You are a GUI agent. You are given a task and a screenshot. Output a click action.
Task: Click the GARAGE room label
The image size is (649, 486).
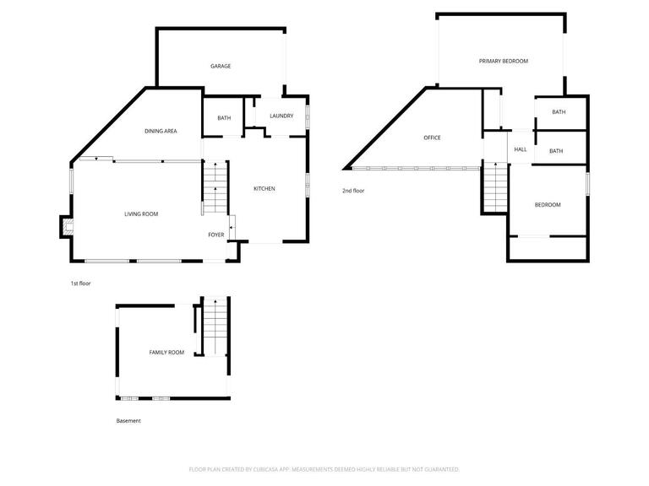[221, 66]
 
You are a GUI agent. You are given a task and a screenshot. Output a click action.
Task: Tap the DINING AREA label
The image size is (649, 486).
[160, 131]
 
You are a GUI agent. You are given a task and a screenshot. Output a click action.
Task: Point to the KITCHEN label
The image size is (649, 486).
[265, 188]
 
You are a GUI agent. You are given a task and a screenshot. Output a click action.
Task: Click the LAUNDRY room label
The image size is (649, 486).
[281, 116]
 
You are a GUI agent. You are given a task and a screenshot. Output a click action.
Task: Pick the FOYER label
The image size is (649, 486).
[216, 235]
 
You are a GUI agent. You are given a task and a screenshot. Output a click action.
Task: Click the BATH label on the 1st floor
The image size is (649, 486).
[223, 118]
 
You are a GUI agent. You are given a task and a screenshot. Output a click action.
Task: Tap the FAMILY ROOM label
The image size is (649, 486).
[166, 352]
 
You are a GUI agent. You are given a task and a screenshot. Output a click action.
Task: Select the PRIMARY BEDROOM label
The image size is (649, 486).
[503, 61]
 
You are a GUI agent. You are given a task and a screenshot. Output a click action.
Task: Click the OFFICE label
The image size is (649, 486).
[432, 138]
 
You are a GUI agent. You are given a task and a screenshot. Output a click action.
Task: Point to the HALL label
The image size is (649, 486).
[521, 149]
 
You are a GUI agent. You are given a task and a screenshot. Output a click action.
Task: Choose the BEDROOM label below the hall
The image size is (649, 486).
[548, 205]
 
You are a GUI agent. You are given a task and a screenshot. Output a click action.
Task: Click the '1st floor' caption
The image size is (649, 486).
[80, 283]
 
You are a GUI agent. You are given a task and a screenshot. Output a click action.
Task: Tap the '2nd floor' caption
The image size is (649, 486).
[353, 192]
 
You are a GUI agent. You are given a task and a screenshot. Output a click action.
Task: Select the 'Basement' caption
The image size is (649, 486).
[128, 420]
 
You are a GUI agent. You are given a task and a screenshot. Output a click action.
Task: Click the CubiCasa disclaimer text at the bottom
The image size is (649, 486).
[324, 469]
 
